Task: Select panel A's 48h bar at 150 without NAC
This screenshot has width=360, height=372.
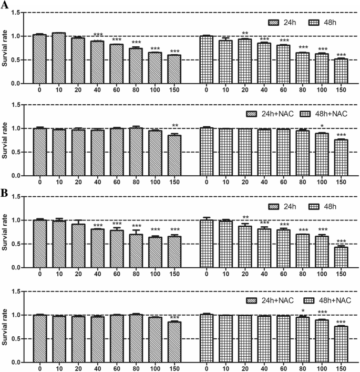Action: click(342, 71)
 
